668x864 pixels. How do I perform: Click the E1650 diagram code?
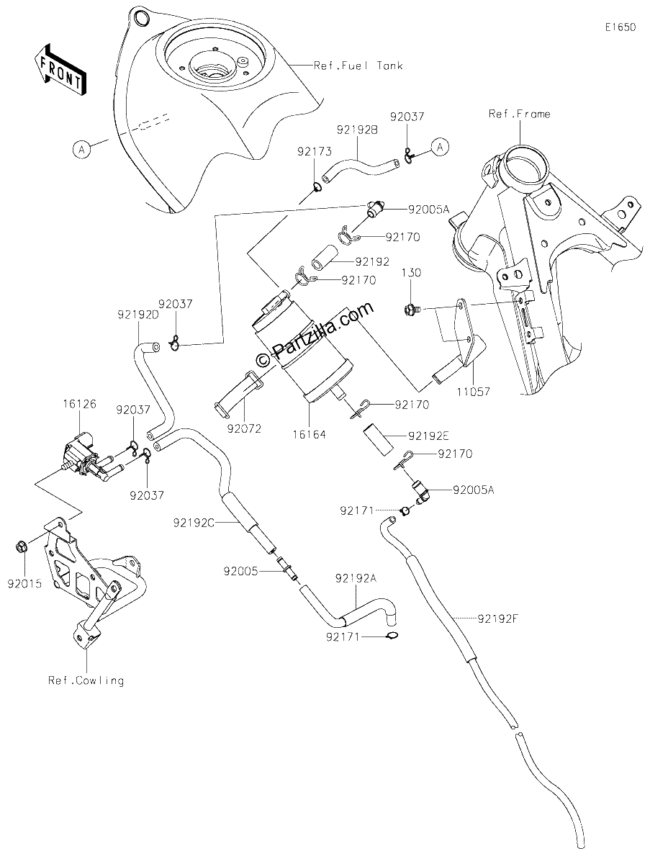(x=620, y=27)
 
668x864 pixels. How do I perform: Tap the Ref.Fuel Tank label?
(x=358, y=66)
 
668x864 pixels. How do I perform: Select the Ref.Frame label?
(x=520, y=114)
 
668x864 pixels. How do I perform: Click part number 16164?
(x=309, y=435)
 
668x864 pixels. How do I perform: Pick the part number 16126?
(x=79, y=404)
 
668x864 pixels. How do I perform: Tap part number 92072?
(x=245, y=428)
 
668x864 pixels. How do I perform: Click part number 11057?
(x=473, y=392)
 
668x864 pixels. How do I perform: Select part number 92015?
(x=24, y=584)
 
